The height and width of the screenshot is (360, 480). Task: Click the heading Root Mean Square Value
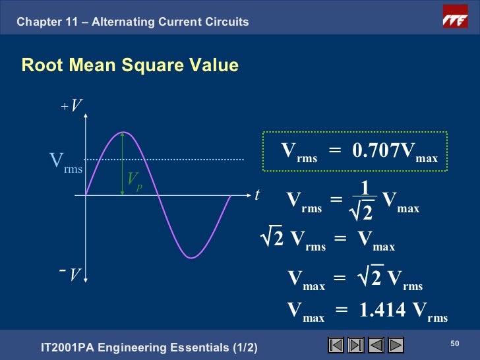129,66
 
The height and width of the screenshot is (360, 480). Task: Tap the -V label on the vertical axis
71,273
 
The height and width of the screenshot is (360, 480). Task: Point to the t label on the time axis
257,195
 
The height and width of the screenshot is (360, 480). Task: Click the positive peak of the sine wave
123,133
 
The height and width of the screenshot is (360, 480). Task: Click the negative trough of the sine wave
191,256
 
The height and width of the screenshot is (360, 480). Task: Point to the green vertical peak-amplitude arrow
123,165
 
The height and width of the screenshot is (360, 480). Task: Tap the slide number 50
454,343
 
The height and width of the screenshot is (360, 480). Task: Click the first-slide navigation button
336,345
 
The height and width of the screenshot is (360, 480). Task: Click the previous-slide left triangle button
376,345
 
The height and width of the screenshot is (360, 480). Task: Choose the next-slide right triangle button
396,345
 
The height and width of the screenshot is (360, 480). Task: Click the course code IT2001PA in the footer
69,347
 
